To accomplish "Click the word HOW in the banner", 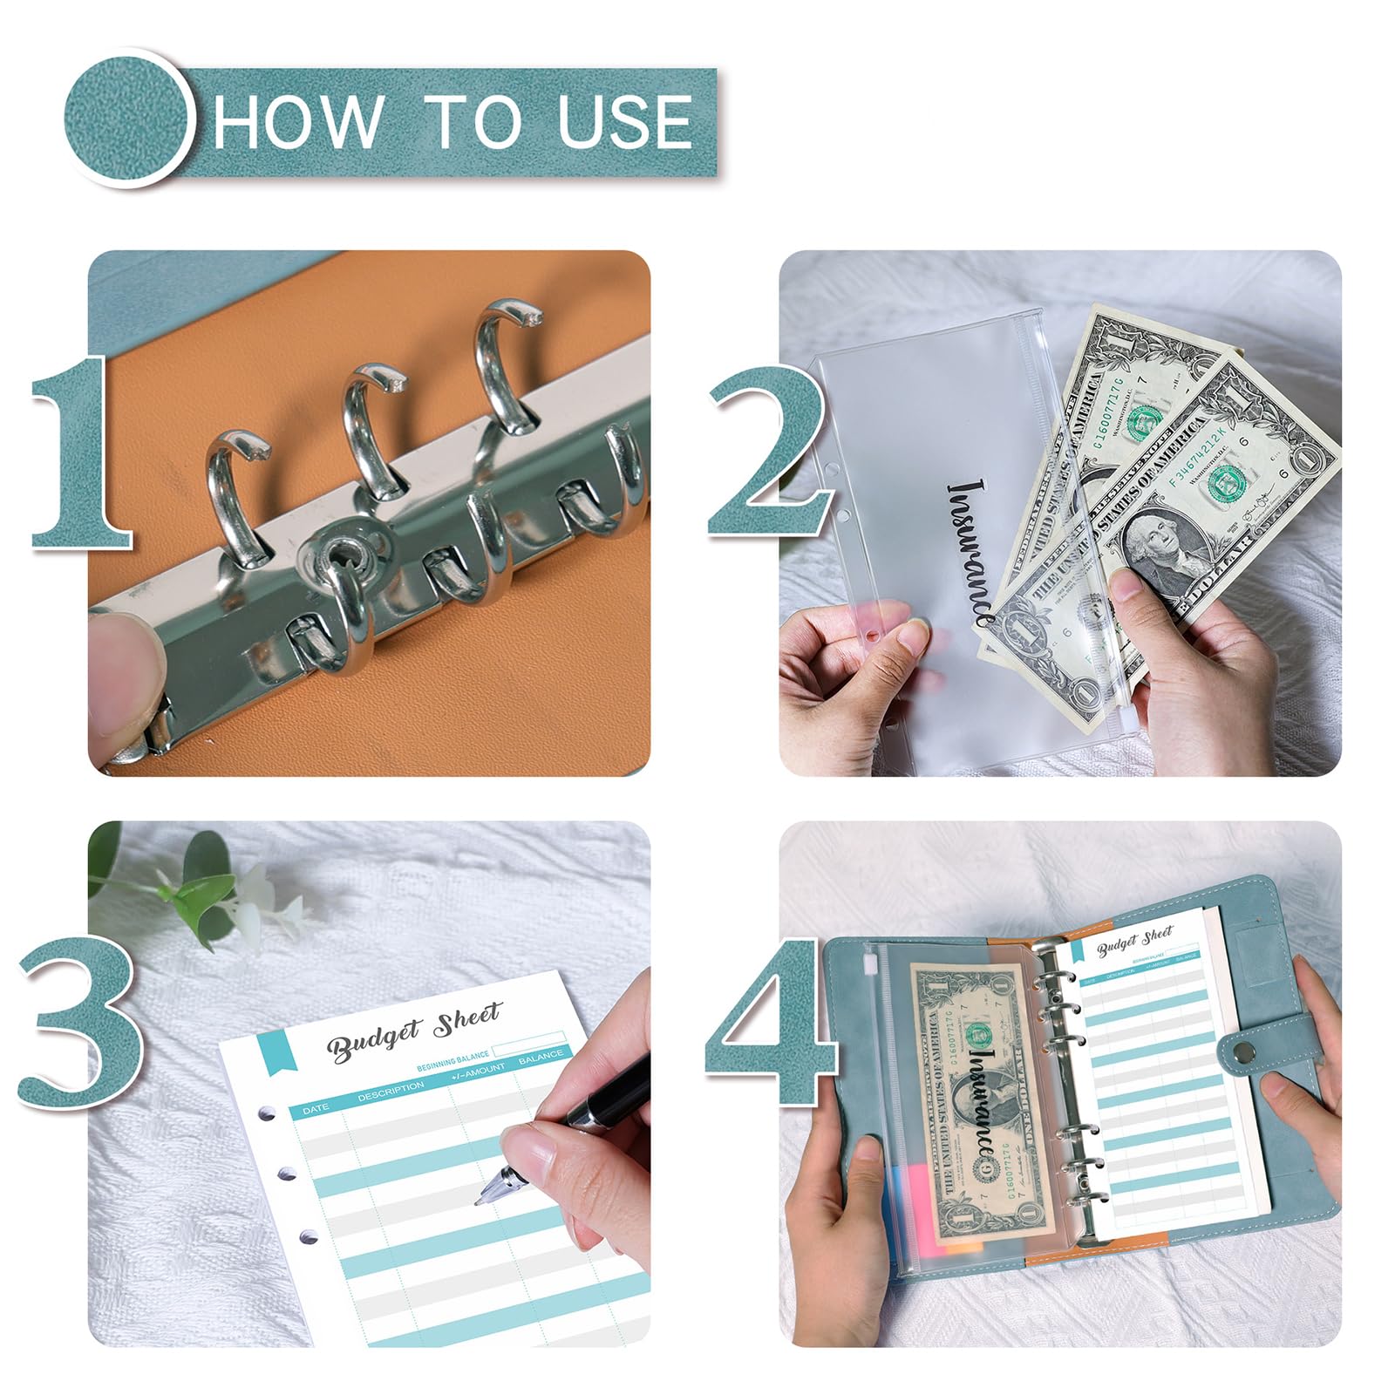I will click(x=296, y=121).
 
